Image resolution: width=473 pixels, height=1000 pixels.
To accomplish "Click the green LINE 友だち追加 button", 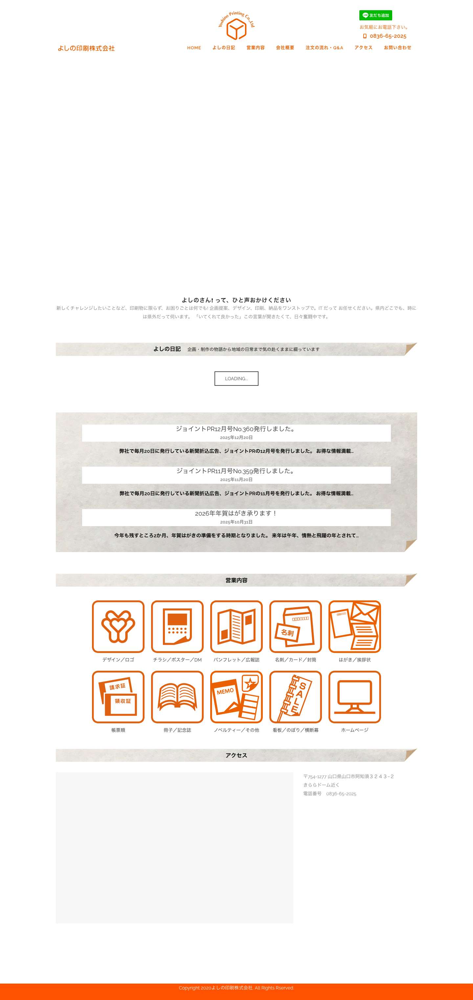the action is [375, 15].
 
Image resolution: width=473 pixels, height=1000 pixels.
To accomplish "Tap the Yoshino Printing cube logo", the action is [236, 26].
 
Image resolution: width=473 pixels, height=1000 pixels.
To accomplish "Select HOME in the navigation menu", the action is [194, 48].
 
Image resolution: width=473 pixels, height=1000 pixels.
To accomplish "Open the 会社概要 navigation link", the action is [285, 48].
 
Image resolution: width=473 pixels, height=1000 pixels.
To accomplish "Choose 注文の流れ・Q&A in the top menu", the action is [324, 48].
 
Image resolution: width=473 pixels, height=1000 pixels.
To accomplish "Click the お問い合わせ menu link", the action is [397, 48].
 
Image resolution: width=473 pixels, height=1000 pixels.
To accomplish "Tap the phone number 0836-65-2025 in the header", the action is [388, 36].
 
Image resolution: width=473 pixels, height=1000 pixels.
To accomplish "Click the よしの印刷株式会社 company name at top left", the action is [86, 48].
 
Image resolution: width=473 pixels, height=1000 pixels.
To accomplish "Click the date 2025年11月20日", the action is [236, 480].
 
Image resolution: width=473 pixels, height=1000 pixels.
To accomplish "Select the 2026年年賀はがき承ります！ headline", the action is [236, 513].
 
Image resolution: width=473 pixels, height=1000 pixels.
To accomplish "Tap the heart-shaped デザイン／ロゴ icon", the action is [118, 627].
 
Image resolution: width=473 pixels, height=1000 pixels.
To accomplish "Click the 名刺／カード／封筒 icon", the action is [295, 627].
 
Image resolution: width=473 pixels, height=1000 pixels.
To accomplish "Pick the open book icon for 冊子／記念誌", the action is [177, 697].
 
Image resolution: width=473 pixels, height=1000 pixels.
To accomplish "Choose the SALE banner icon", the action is [295, 697].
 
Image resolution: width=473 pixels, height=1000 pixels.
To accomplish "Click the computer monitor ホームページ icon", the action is [355, 697].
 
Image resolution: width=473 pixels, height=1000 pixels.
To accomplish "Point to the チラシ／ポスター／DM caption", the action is [177, 660].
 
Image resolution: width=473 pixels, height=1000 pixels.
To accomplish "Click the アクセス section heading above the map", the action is [236, 755].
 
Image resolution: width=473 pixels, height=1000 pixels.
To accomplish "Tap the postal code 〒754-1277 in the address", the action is [315, 777].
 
